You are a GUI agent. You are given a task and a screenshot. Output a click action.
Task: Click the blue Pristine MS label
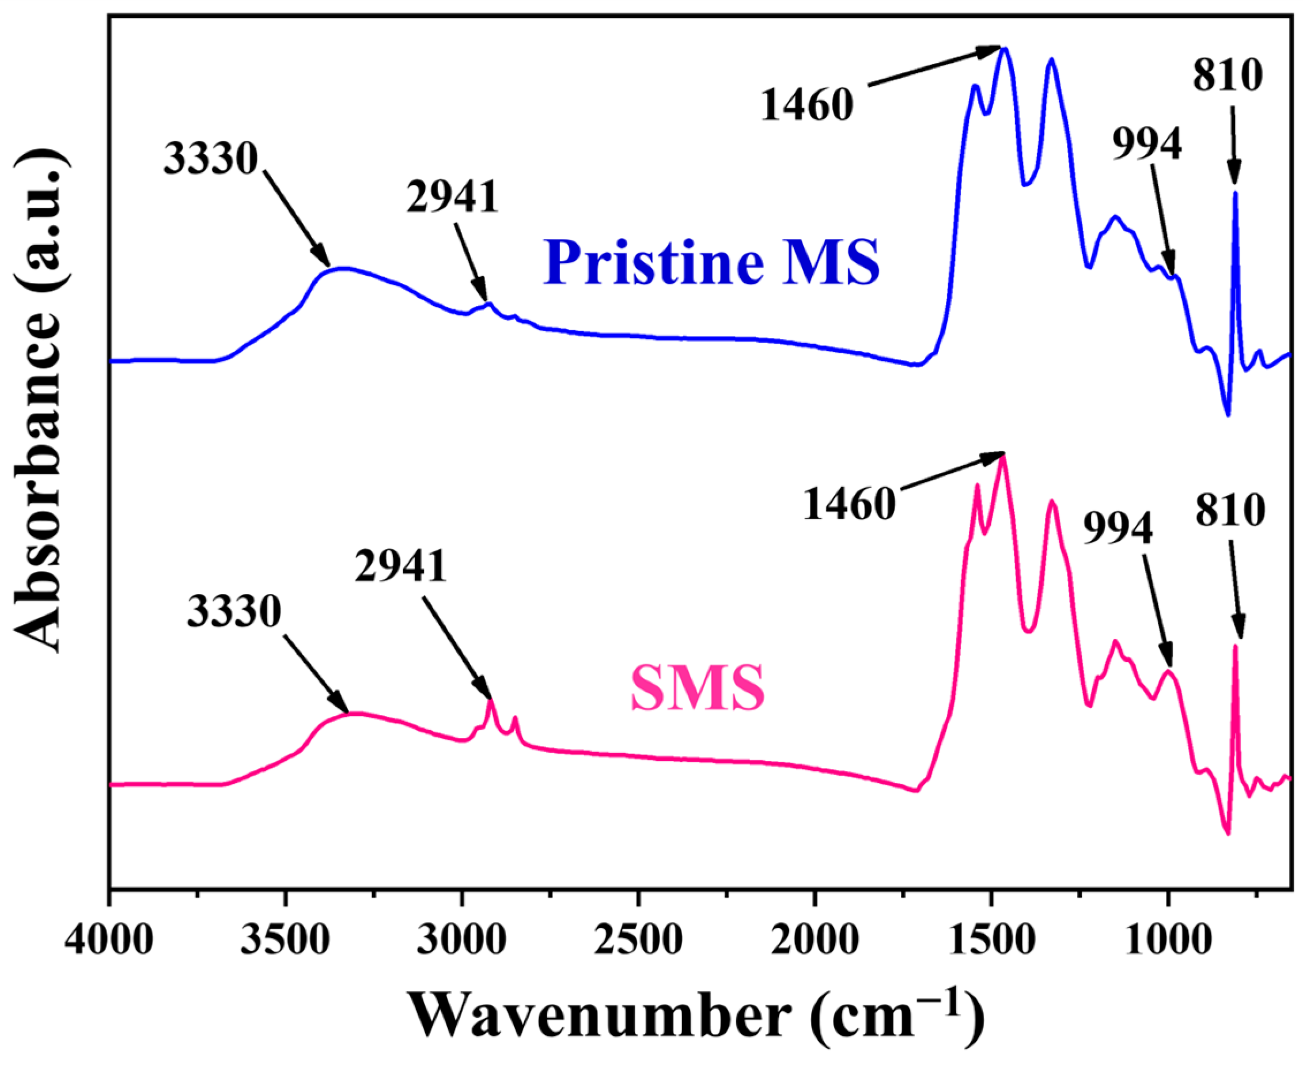coord(711,262)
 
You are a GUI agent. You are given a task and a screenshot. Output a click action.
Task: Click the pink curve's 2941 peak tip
coord(490,700)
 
